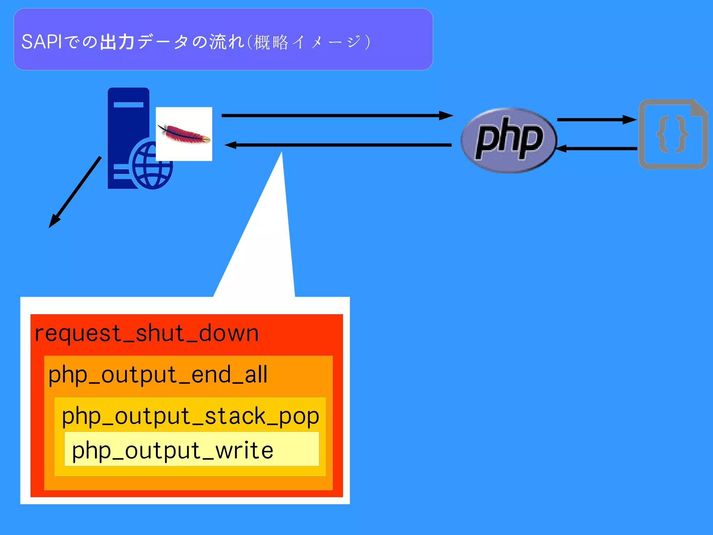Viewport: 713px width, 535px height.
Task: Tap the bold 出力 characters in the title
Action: pyautogui.click(x=117, y=42)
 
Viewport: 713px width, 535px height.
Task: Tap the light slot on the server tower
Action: pyautogui.click(x=128, y=104)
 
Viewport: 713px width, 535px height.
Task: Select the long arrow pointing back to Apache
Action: pyautogui.click(x=338, y=145)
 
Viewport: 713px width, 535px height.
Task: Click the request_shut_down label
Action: pyautogui.click(x=147, y=333)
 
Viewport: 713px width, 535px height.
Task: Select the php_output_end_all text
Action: pyautogui.click(x=158, y=375)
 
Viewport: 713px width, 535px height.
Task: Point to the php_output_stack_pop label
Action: pyautogui.click(x=190, y=416)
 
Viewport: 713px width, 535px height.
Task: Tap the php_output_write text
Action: pyautogui.click(x=172, y=451)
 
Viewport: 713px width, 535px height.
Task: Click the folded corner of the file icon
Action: pyautogui.click(x=699, y=108)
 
